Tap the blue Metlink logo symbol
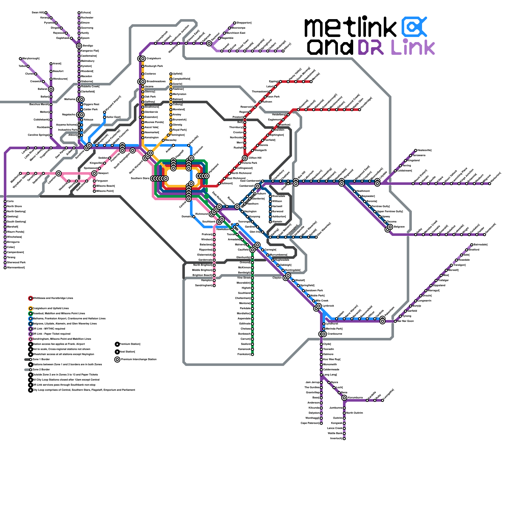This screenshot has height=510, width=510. pos(414,27)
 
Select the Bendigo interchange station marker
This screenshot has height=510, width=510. pos(79,46)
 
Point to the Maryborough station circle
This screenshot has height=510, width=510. pos(20,59)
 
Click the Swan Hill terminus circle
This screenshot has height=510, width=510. pos(46,13)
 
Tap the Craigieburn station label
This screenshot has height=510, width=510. pos(154,59)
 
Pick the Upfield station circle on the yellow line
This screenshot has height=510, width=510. pos(171,74)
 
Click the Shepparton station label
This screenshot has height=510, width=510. pos(244,23)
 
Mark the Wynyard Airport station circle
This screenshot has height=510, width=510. pos(105,112)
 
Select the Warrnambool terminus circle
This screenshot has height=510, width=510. pos(5,268)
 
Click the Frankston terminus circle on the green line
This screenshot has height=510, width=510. pos(252,354)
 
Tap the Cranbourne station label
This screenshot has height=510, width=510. pos(335,334)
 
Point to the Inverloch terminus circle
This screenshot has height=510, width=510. pos(344,439)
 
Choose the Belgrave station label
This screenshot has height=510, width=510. pos(399,227)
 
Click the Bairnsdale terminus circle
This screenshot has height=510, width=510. pos(472,245)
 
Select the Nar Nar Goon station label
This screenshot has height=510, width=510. pos(405,321)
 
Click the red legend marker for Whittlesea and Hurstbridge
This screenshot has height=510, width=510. pos(31,298)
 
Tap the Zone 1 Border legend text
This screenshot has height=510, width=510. pos(41,360)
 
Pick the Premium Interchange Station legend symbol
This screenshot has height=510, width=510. pos(117,360)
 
